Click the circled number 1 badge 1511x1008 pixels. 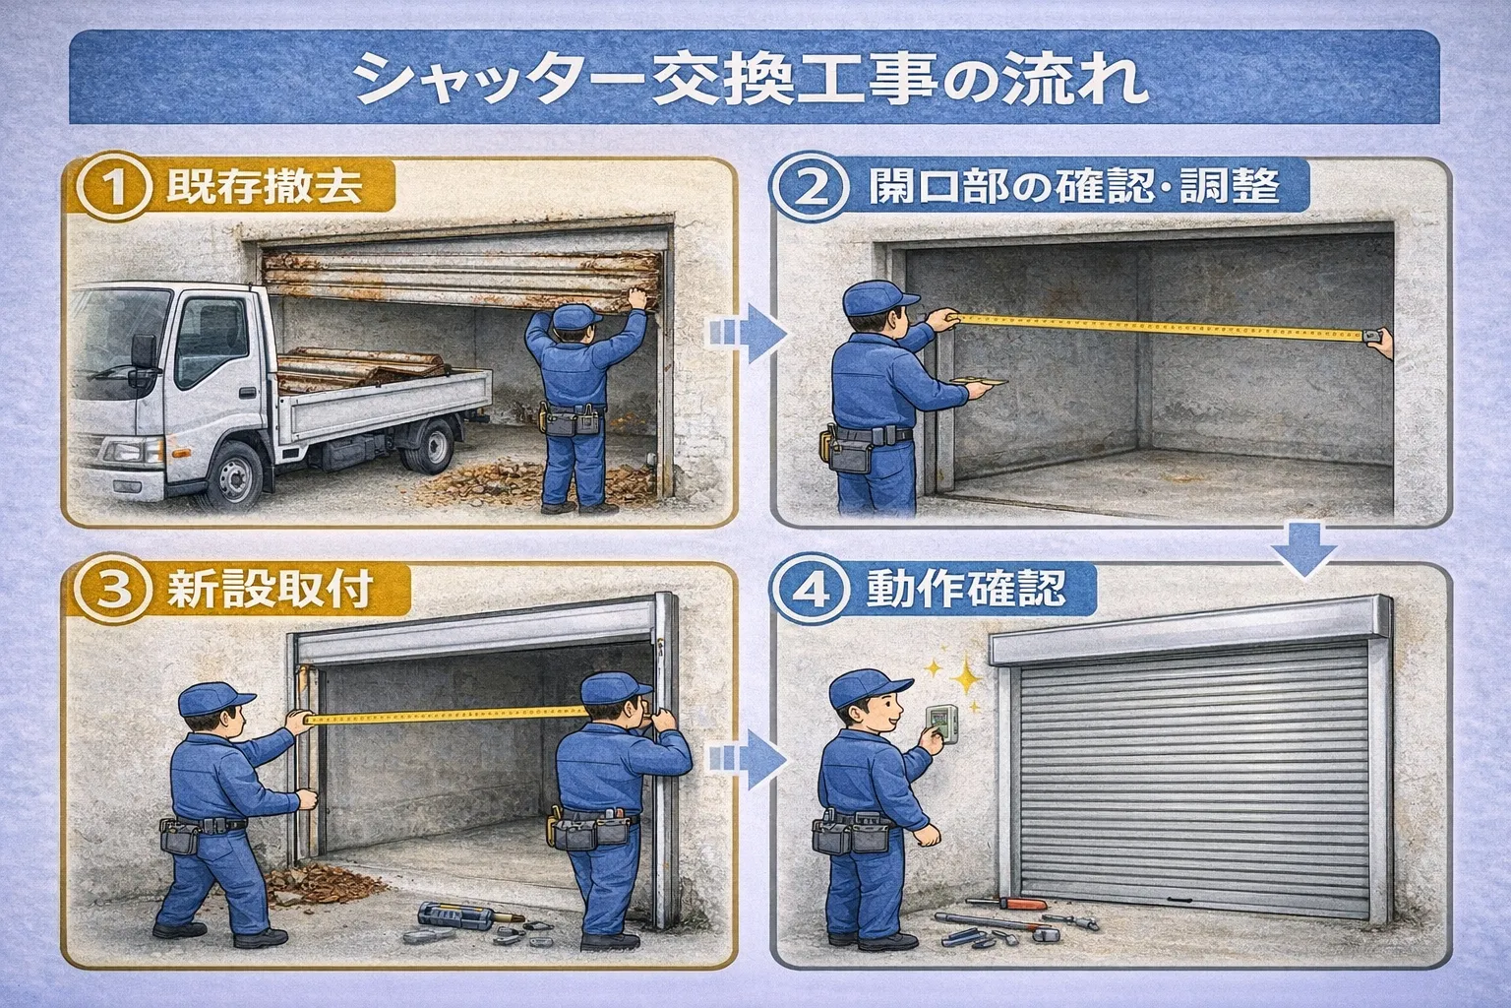click(113, 186)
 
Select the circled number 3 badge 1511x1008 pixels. click(110, 590)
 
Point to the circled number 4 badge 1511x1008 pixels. click(811, 590)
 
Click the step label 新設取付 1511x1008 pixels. click(270, 590)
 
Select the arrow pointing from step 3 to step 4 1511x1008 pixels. click(748, 760)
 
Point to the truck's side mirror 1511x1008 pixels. click(144, 352)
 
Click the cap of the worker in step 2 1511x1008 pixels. click(877, 298)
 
